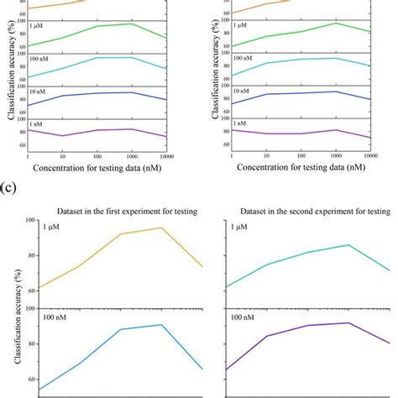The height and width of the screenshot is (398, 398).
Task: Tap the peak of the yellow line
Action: pyautogui.click(x=161, y=228)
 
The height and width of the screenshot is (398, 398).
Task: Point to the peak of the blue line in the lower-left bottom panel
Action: pyautogui.click(x=161, y=324)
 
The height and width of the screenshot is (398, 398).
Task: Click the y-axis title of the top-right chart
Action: pyautogui.click(x=217, y=71)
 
